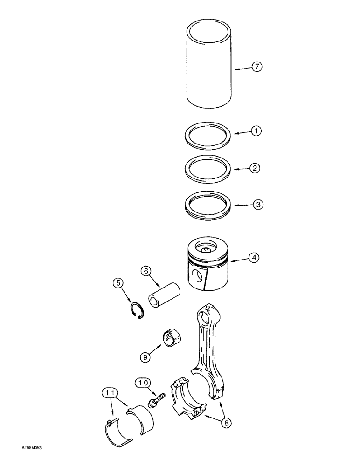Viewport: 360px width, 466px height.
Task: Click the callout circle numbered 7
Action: point(257,67)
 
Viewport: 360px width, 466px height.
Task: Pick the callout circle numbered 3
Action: point(257,204)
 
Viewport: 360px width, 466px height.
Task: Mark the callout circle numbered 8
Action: point(226,424)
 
